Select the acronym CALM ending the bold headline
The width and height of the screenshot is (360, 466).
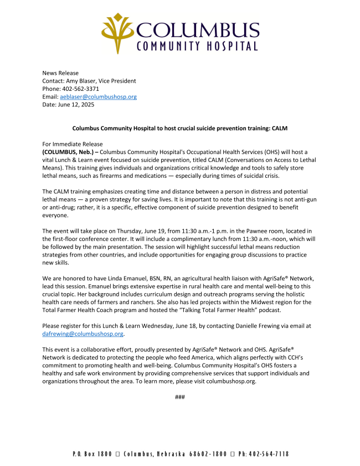pyautogui.click(x=279, y=129)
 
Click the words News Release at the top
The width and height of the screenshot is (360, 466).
pyautogui.click(x=60, y=73)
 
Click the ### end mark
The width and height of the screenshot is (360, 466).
pyautogui.click(x=179, y=397)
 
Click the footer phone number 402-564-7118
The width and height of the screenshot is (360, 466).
pyautogui.click(x=269, y=454)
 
